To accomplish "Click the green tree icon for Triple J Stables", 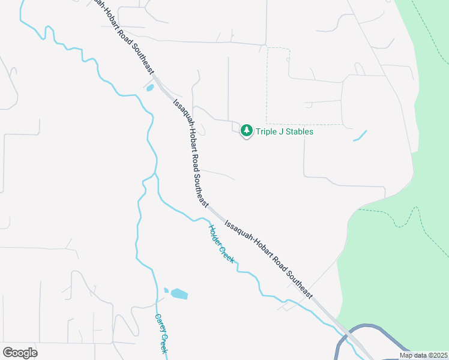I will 246,130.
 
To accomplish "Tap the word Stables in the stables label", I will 298,131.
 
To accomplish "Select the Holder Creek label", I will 221,243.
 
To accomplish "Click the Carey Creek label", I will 160,334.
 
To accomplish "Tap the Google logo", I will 20,353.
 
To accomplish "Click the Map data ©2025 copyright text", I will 423,355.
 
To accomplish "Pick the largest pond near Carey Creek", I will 179,294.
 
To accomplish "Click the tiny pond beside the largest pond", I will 166,290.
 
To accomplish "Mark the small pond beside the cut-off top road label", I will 149,88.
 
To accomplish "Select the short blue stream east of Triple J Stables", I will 360,136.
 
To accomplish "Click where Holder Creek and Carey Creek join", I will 155,174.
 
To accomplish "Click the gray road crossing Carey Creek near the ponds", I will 144,305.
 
